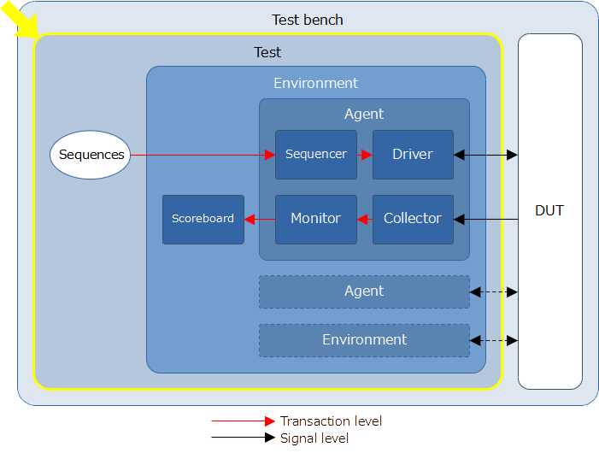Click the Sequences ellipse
(x=91, y=155)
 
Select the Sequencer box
(x=316, y=155)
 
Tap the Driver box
(x=413, y=155)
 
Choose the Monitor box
(x=316, y=220)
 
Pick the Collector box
(x=413, y=220)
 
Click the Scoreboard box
(x=203, y=220)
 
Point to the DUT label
(x=549, y=210)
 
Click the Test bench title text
(x=307, y=20)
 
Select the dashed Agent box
(x=365, y=291)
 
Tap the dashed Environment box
(x=365, y=341)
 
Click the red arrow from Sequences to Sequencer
(x=203, y=155)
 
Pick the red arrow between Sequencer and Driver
(x=365, y=155)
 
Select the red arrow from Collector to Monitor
(x=365, y=220)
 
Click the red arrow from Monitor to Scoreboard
(x=260, y=220)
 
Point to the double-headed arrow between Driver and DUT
(x=485, y=155)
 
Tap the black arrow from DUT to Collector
(x=485, y=220)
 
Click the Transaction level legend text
(x=332, y=421)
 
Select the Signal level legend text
(x=314, y=438)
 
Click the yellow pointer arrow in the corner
(x=20, y=19)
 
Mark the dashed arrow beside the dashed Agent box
(x=494, y=292)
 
